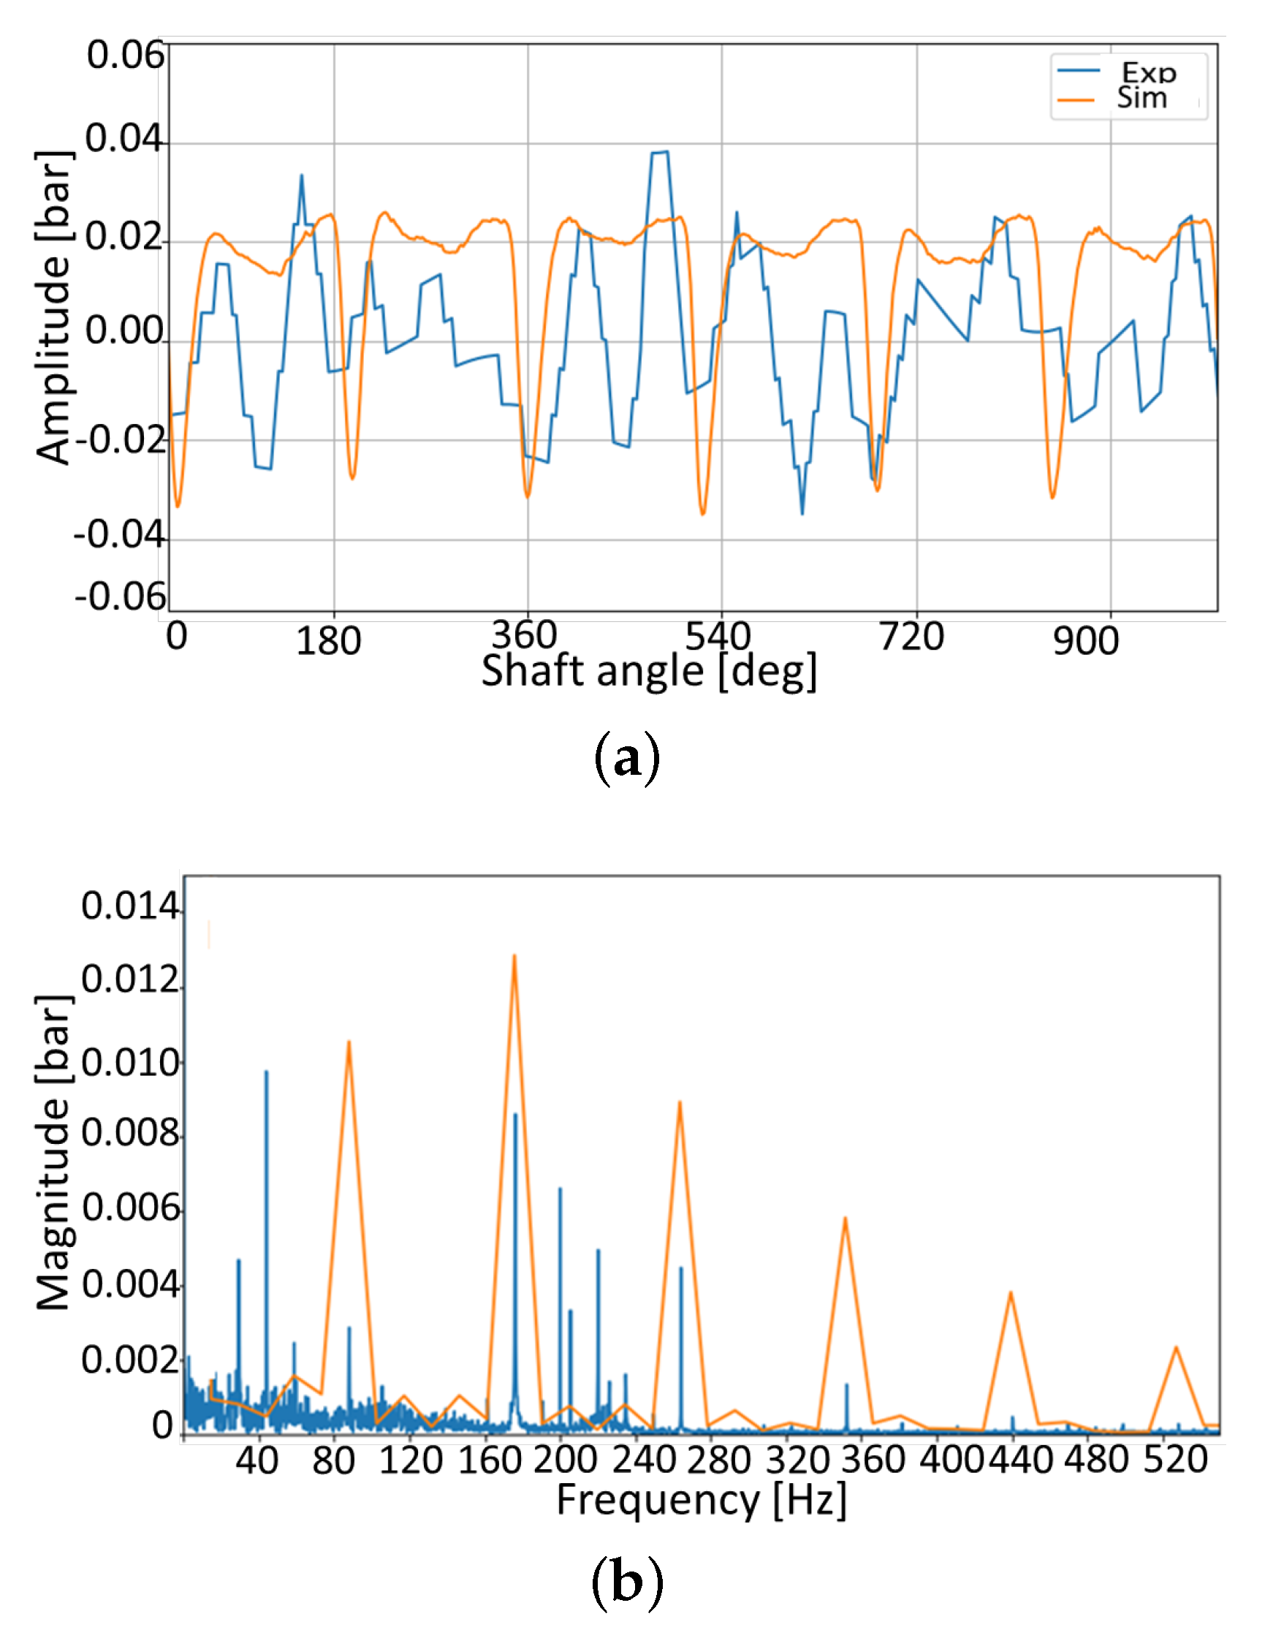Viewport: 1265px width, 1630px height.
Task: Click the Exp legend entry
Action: tap(1148, 72)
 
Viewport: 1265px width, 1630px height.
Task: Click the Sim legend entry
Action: tap(1141, 98)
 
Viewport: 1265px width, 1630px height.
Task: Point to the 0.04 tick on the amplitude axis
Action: tap(124, 139)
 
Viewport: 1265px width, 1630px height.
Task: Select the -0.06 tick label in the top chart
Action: tap(119, 597)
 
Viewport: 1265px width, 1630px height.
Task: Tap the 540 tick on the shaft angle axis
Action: tap(717, 637)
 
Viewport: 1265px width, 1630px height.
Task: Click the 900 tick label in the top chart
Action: tap(1085, 641)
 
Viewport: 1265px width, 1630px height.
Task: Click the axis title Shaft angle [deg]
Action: tap(648, 670)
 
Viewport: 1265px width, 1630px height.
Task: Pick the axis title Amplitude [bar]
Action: tap(54, 308)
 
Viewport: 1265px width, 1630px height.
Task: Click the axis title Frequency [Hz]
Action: tap(702, 1500)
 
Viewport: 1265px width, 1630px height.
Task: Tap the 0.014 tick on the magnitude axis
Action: tap(130, 906)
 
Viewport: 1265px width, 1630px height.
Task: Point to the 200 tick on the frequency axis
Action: tap(565, 1460)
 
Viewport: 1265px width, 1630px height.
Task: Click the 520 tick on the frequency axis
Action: tap(1176, 1460)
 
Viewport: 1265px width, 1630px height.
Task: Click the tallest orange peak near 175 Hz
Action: tap(514, 956)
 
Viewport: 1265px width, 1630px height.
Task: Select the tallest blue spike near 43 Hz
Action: tap(267, 1072)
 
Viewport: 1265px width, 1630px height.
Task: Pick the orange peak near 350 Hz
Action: tap(845, 1218)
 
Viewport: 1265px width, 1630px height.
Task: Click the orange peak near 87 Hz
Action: tap(349, 1042)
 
